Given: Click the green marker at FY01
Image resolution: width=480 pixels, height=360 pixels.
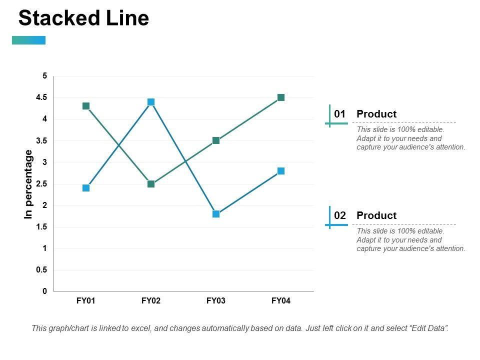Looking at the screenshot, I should (86, 106).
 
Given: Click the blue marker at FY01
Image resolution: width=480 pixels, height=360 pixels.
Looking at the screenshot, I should (86, 188).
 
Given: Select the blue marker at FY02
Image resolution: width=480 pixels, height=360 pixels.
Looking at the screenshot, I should (151, 102).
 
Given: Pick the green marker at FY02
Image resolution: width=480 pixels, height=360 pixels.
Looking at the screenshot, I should (151, 184).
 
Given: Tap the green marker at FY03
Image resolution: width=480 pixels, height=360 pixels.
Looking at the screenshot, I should (216, 140).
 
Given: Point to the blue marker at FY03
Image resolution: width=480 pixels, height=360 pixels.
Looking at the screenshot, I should (216, 214).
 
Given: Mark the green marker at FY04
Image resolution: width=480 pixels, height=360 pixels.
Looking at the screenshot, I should (281, 97).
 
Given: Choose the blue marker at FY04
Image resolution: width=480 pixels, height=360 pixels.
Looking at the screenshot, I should (281, 171).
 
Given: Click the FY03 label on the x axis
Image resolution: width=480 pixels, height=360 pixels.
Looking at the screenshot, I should (216, 301).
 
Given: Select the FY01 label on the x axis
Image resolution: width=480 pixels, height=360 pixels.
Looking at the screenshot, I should (86, 301).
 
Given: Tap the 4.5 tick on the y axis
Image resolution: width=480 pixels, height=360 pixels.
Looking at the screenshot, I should (41, 97).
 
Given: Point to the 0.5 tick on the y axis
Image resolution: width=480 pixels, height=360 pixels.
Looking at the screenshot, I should (41, 270).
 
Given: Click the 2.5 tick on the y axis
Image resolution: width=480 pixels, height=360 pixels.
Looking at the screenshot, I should (41, 184).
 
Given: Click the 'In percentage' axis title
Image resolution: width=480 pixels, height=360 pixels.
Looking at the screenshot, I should (28, 184).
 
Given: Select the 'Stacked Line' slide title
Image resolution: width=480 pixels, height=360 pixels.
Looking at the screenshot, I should (83, 18).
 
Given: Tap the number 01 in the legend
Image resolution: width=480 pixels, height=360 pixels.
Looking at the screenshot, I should (340, 114).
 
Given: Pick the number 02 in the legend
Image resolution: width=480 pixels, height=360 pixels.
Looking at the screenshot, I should (340, 215).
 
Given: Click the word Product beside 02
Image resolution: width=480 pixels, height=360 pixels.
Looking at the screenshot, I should (376, 215).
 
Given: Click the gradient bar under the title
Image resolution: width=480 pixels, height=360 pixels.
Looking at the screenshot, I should (28, 40).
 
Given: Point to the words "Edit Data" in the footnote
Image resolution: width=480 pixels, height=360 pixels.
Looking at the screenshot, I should (428, 328).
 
